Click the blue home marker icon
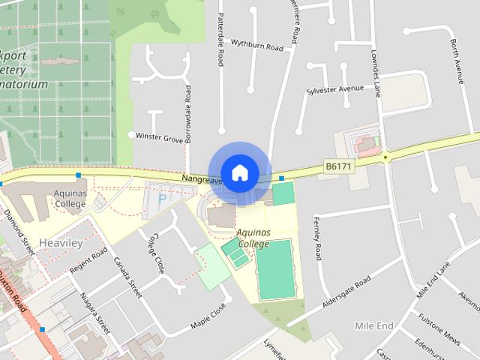(x=239, y=173)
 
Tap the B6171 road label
(x=338, y=166)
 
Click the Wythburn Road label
(x=257, y=46)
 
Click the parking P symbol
(x=163, y=199)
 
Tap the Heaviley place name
(x=61, y=244)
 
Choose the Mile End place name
(x=374, y=325)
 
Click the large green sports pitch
(x=274, y=268)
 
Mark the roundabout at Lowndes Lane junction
(x=385, y=157)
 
